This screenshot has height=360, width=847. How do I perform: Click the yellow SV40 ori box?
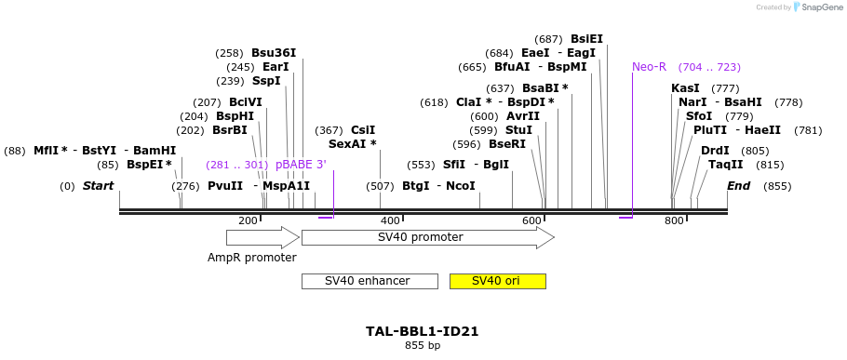[x=497, y=281]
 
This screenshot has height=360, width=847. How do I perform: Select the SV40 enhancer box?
[x=369, y=281]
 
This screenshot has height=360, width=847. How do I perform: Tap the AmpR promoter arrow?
[x=262, y=237]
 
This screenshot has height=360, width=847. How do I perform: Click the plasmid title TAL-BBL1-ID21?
[x=423, y=331]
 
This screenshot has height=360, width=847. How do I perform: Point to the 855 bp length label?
[x=423, y=346]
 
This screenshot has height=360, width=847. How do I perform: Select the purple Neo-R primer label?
[x=649, y=67]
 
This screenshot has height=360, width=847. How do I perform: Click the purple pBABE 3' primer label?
[x=301, y=165]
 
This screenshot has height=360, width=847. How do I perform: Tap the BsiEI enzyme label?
[x=586, y=39]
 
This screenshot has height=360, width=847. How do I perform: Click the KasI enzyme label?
[x=685, y=88]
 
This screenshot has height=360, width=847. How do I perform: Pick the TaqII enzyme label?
[x=726, y=165]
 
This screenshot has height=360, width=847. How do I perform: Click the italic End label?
[x=739, y=186]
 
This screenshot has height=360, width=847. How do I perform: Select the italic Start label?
[x=98, y=186]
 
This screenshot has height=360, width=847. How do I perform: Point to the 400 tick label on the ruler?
[x=390, y=220]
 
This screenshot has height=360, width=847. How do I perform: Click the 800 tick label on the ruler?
[x=673, y=220]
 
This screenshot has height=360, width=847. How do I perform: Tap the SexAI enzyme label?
[x=352, y=144]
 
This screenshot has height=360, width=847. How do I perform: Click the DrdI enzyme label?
[x=715, y=151]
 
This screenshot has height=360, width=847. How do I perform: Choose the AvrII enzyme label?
[x=522, y=116]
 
